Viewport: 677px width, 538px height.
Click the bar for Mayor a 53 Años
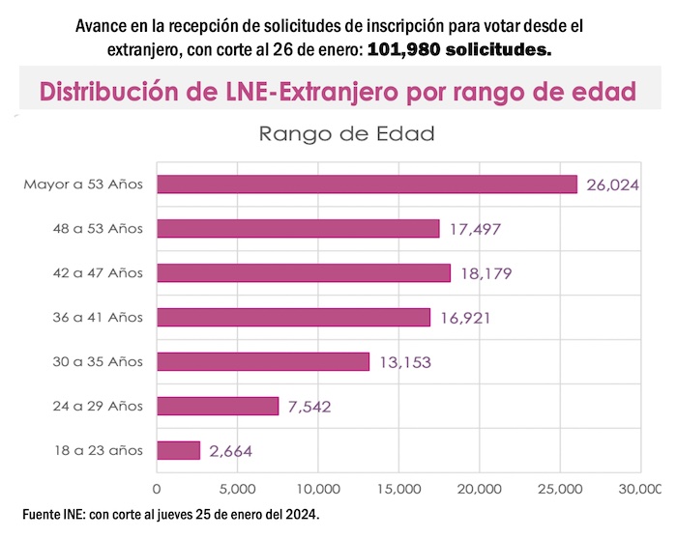click(367, 184)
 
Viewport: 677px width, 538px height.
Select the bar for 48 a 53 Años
click(298, 229)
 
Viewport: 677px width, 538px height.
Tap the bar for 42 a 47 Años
click(304, 273)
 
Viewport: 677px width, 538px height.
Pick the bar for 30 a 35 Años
click(263, 361)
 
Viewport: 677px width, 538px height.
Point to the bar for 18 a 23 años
click(178, 450)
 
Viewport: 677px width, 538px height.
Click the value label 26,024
click(612, 184)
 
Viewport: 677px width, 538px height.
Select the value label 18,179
click(486, 273)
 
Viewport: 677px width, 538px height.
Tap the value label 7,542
click(309, 407)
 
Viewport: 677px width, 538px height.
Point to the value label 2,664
click(230, 451)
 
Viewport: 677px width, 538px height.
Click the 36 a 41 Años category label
click(99, 317)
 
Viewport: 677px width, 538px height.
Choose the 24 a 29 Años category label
click(99, 406)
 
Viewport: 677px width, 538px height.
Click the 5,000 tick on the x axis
click(237, 489)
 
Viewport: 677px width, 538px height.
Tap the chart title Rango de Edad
click(347, 134)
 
